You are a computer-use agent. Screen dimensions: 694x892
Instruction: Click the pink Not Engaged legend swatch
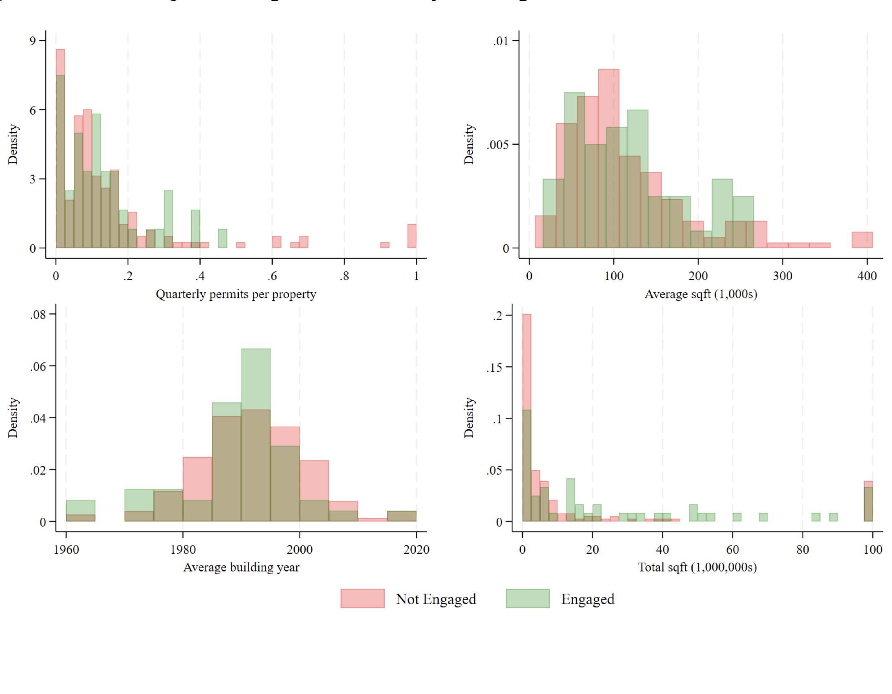(x=362, y=598)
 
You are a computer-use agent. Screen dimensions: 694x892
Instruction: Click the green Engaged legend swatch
(x=527, y=598)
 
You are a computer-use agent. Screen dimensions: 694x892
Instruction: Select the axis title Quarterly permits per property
(x=236, y=294)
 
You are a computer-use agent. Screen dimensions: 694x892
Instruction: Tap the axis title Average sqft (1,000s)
(x=701, y=294)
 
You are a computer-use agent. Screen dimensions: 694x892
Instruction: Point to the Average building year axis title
(x=241, y=567)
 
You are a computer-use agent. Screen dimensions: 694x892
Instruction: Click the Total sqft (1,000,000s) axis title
(x=697, y=567)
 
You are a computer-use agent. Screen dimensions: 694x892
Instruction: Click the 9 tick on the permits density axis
(x=33, y=41)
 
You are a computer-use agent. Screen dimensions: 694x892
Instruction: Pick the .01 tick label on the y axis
(x=501, y=41)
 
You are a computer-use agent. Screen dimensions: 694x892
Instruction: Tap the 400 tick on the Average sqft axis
(x=867, y=276)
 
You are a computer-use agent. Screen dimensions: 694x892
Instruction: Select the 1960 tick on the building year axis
(x=66, y=550)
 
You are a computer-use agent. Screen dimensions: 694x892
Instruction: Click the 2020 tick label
(x=416, y=550)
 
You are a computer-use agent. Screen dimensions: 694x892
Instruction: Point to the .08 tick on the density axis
(x=38, y=314)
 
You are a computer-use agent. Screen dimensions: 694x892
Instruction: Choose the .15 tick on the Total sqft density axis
(x=494, y=368)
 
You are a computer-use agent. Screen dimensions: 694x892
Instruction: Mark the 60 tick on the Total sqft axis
(x=733, y=550)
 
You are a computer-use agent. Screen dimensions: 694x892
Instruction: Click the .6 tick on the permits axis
(x=272, y=276)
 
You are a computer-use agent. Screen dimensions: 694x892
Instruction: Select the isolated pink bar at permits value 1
(x=412, y=236)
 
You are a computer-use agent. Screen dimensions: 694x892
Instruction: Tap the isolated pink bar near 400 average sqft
(x=862, y=240)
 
